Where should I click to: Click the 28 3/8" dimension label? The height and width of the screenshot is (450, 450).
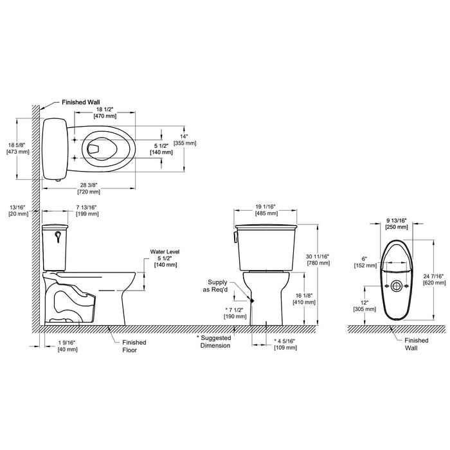(x=89, y=185)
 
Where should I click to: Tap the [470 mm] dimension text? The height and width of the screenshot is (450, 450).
(x=105, y=116)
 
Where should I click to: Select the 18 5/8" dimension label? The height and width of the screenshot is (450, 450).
(x=17, y=145)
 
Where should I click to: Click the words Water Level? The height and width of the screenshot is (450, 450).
(x=165, y=252)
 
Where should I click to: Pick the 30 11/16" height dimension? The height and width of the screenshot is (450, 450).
(x=318, y=256)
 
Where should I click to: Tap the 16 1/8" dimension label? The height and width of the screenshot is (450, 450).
(x=303, y=295)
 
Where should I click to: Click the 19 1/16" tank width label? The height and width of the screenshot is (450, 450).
(x=265, y=206)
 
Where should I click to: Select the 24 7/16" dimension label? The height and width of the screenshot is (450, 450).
(x=433, y=276)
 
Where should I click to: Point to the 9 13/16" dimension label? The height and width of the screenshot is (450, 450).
(x=397, y=221)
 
